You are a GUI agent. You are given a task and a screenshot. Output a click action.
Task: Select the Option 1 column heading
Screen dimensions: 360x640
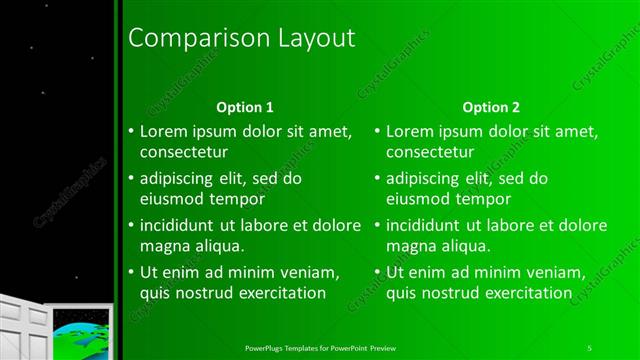coord(245,106)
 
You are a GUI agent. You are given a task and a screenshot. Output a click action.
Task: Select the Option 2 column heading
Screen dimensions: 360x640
coord(491,106)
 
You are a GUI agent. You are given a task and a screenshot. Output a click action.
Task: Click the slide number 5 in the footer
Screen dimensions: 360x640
coord(590,347)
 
